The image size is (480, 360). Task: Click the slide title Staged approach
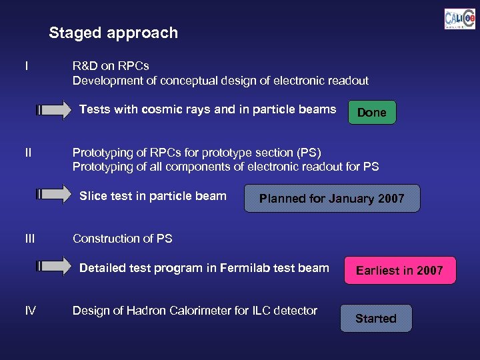click(x=113, y=33)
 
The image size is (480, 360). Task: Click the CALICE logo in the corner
click(x=459, y=19)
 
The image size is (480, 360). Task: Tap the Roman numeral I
click(x=26, y=66)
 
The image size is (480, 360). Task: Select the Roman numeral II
click(x=27, y=152)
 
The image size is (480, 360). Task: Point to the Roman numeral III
click(x=29, y=238)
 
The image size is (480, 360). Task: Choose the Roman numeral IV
click(x=30, y=310)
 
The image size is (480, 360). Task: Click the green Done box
click(x=371, y=113)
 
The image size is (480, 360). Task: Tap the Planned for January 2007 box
click(x=331, y=199)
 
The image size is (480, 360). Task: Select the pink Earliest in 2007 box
click(x=399, y=270)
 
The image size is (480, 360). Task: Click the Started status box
click(x=375, y=319)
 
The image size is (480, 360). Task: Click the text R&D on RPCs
click(x=111, y=66)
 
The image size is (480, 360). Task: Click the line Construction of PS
click(x=122, y=238)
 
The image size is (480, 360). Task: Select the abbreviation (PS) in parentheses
click(x=307, y=152)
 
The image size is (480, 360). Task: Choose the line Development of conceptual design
click(x=220, y=81)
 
